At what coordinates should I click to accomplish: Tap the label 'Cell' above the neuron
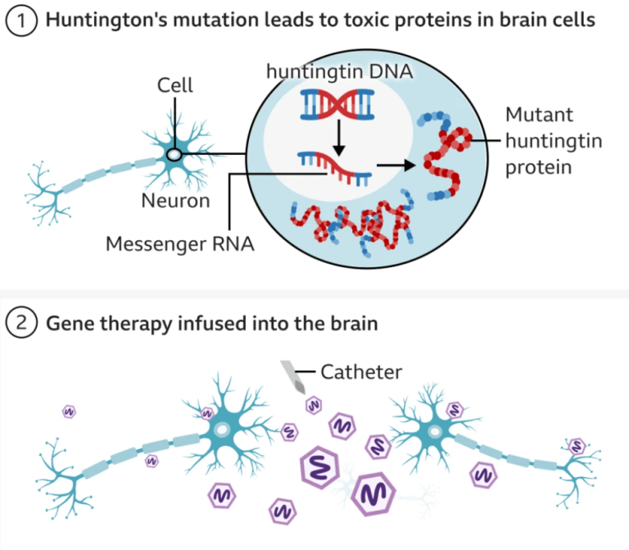click(x=175, y=85)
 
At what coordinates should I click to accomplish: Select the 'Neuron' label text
click(x=175, y=200)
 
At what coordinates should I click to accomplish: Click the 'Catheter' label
click(x=360, y=372)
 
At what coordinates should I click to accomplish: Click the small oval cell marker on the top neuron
click(x=174, y=154)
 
